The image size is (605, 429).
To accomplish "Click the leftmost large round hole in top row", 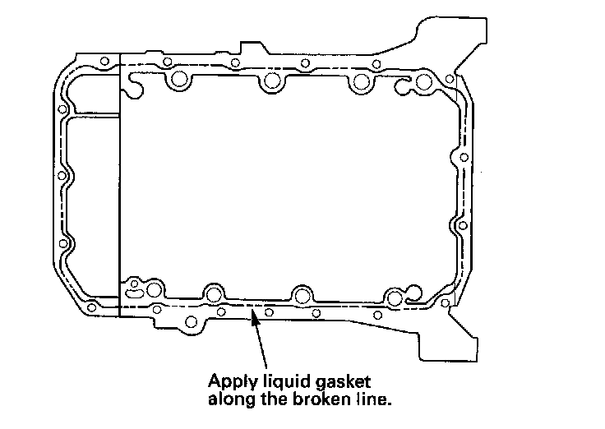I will pyautogui.click(x=178, y=81).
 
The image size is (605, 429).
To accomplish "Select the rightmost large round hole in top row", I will pyautogui.click(x=424, y=82).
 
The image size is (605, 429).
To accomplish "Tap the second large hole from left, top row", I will pyautogui.click(x=270, y=81).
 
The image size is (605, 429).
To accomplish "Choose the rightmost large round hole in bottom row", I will pyautogui.click(x=396, y=298).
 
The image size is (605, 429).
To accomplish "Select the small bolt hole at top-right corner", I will pyautogui.click(x=449, y=79).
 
